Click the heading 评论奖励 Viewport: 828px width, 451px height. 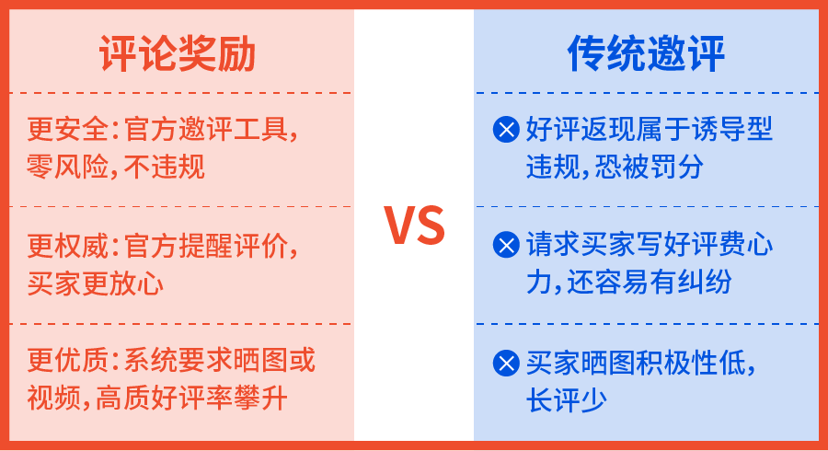[x=178, y=55]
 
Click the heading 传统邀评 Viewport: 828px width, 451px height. [x=646, y=55]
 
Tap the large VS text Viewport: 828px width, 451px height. [x=414, y=226]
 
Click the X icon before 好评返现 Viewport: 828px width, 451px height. [x=506, y=130]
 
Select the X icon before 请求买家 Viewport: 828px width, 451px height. [x=506, y=245]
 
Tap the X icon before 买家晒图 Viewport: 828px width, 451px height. [x=506, y=363]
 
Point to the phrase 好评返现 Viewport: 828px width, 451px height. [x=580, y=130]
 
